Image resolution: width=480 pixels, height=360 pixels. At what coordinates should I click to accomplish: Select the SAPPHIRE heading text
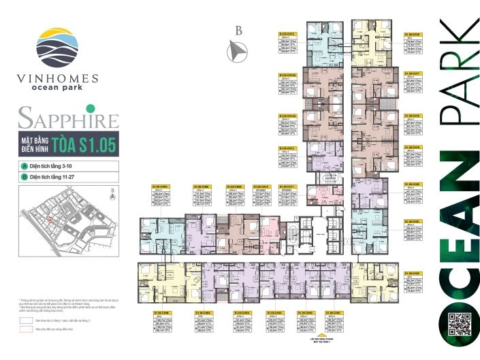click(68, 120)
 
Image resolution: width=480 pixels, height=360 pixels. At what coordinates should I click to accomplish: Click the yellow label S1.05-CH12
click(287, 148)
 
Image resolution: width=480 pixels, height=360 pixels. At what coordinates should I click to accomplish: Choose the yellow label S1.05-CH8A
click(160, 186)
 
